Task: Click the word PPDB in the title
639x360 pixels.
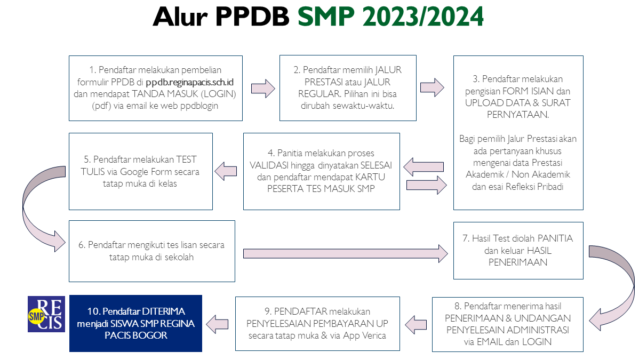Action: [x=252, y=17]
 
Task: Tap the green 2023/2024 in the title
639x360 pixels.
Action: [x=422, y=17]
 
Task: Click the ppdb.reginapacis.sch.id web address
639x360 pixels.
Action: [x=189, y=82]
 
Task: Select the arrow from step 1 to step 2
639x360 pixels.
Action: [x=263, y=89]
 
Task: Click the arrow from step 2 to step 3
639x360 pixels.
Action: [x=432, y=87]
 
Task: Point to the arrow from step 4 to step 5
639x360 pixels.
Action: [x=226, y=171]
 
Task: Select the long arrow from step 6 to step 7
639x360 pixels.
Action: [x=346, y=253]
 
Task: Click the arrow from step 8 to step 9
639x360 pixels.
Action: [x=416, y=325]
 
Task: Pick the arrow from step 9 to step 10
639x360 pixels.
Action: [x=217, y=325]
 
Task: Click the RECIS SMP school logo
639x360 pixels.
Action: [x=46, y=314]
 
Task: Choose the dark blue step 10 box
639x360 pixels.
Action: [x=135, y=323]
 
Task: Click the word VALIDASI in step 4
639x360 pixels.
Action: [x=269, y=165]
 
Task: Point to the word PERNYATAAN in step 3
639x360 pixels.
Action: [x=517, y=115]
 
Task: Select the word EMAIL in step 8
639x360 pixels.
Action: [x=491, y=342]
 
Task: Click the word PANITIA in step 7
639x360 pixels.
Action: [x=555, y=238]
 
